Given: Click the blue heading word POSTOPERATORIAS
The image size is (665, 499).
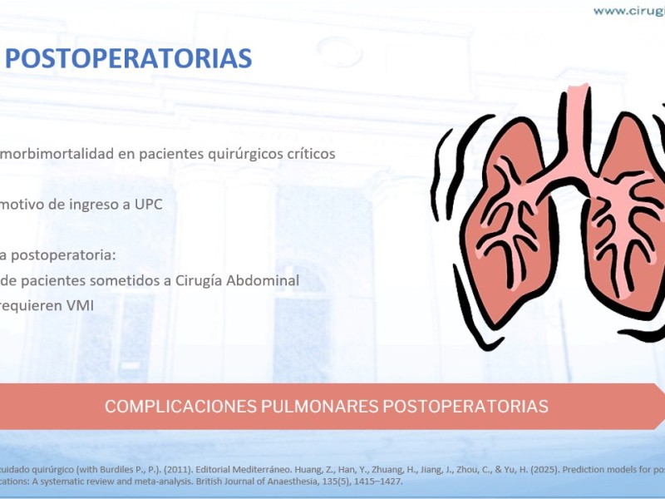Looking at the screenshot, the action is point(129,58).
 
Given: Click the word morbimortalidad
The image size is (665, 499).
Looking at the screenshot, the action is point(57,154).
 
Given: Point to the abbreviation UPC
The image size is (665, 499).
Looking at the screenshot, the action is point(149,205).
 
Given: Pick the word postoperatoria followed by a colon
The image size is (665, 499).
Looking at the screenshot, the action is point(63,256).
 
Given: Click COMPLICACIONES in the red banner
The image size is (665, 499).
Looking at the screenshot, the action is point(180,406).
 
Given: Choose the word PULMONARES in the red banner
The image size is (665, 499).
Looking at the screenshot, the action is point(319,406).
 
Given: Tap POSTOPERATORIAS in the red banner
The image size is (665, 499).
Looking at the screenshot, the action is point(465,406).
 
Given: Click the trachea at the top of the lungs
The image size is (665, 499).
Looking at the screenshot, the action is point(578,123).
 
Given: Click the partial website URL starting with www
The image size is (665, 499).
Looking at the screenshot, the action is point(629,11).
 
